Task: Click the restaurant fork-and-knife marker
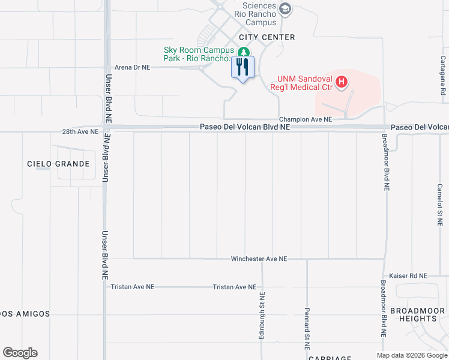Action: (243, 67)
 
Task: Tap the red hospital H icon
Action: (342, 82)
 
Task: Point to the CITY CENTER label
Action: (267, 37)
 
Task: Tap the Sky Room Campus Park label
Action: (197, 55)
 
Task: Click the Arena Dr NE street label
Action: (132, 68)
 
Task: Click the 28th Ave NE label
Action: (80, 131)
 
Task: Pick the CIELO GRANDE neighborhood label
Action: (58, 164)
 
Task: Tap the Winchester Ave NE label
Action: (259, 259)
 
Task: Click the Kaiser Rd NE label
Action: (408, 276)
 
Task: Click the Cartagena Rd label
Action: (442, 76)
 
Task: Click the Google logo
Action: (20, 353)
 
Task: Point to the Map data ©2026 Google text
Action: (411, 355)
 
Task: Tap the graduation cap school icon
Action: (286, 9)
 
